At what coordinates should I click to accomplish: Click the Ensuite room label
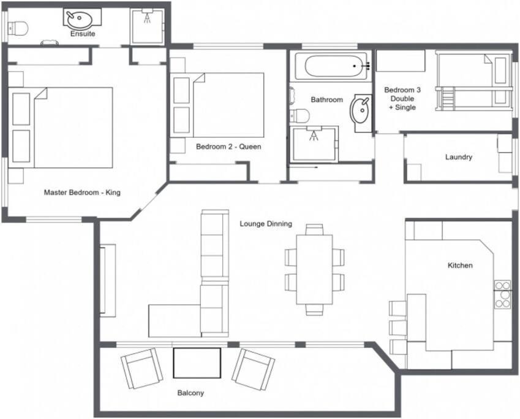pyautogui.click(x=83, y=34)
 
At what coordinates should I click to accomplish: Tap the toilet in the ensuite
pyautogui.click(x=18, y=28)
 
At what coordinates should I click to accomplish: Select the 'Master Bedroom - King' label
pyautogui.click(x=82, y=193)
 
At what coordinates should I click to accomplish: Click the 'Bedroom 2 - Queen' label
pyautogui.click(x=228, y=147)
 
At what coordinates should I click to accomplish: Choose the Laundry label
pyautogui.click(x=459, y=157)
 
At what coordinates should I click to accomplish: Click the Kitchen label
pyautogui.click(x=460, y=265)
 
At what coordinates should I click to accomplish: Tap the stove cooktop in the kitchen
pyautogui.click(x=503, y=294)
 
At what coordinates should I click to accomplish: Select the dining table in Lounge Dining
pyautogui.click(x=314, y=270)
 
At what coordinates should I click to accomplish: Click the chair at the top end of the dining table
pyautogui.click(x=314, y=229)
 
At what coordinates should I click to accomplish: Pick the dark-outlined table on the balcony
pyautogui.click(x=197, y=363)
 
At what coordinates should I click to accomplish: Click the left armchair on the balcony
pyautogui.click(x=142, y=368)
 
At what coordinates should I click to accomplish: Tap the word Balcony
pyautogui.click(x=190, y=393)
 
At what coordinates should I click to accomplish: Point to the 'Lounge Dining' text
pyautogui.click(x=266, y=224)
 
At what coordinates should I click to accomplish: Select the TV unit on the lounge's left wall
pyautogui.click(x=108, y=281)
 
